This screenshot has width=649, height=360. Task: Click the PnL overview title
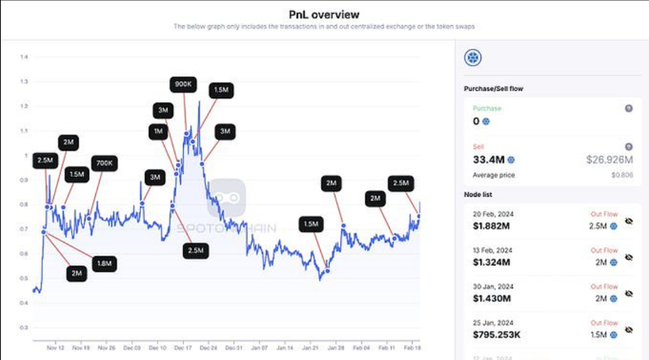(324, 14)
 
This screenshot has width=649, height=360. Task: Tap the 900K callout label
(183, 84)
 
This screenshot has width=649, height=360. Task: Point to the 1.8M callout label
(103, 263)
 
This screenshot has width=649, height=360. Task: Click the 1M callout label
(159, 131)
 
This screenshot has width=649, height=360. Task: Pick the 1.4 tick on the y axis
(24, 57)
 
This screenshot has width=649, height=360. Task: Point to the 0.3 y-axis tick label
(24, 328)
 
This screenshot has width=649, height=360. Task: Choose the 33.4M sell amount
(489, 159)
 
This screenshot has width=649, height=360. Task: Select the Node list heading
(481, 194)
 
